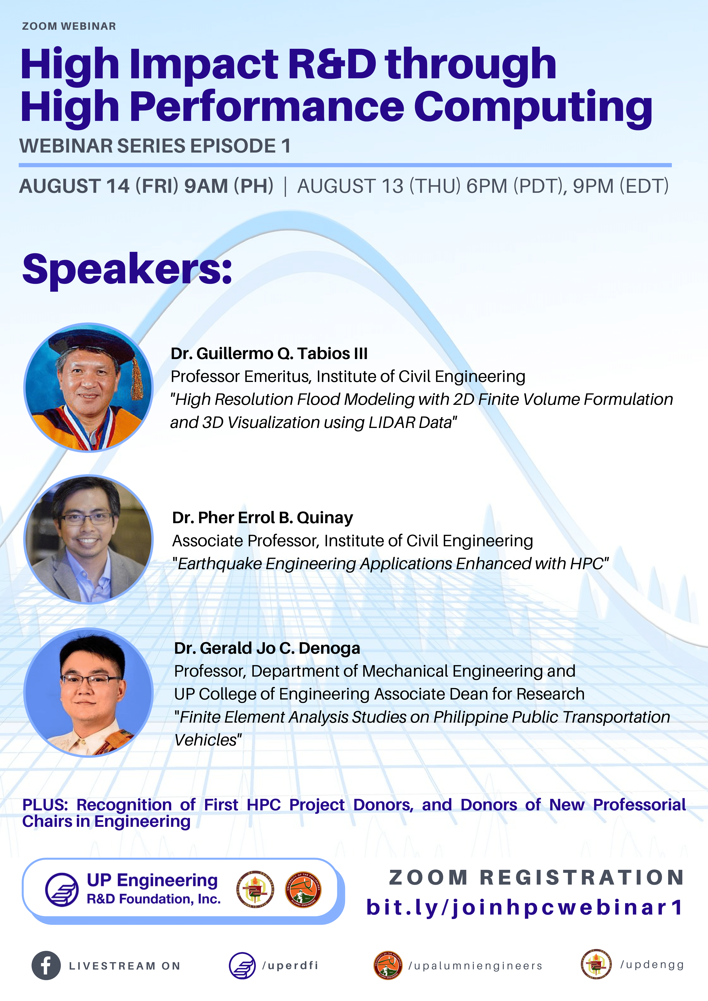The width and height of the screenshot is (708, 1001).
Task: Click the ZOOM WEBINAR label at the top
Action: click(69, 26)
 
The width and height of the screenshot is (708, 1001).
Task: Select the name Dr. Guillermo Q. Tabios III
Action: click(269, 353)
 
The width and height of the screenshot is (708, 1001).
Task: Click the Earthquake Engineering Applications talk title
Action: click(391, 564)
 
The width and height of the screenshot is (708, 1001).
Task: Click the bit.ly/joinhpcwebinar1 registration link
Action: click(525, 908)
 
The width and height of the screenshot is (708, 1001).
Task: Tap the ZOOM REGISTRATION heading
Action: click(537, 878)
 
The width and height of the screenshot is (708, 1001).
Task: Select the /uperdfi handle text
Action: click(290, 966)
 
